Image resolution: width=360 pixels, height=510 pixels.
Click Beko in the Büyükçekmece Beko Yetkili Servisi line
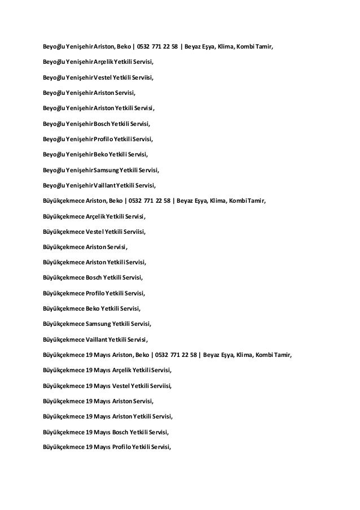[x=91, y=308]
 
